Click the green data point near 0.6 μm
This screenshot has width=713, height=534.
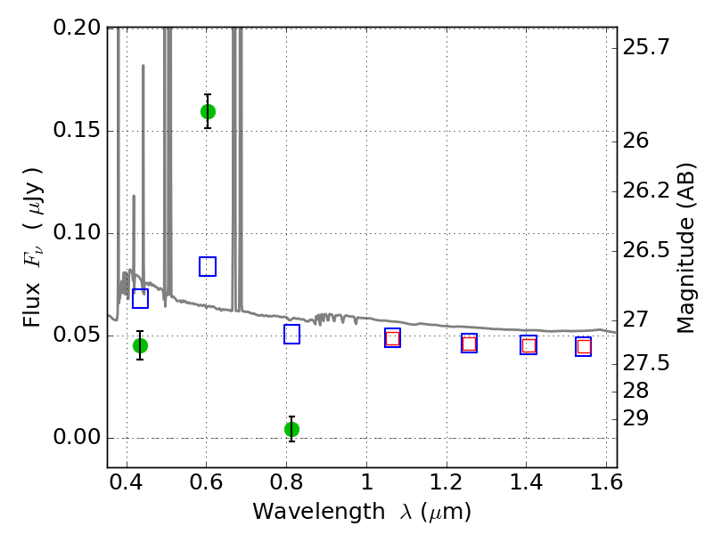click(208, 111)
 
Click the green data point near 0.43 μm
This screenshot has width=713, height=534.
click(140, 345)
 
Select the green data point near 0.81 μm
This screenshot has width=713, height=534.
click(291, 429)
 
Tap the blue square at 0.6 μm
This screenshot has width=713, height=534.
click(208, 266)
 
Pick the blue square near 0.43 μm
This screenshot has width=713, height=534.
click(140, 298)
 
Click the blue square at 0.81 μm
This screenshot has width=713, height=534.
click(291, 335)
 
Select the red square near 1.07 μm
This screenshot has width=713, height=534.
click(392, 338)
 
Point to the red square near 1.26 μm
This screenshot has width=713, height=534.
click(469, 344)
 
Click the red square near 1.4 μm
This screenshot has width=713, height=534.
click(529, 345)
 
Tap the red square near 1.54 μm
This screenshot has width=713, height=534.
click(584, 347)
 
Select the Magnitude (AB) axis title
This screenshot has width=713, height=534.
click(685, 247)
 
